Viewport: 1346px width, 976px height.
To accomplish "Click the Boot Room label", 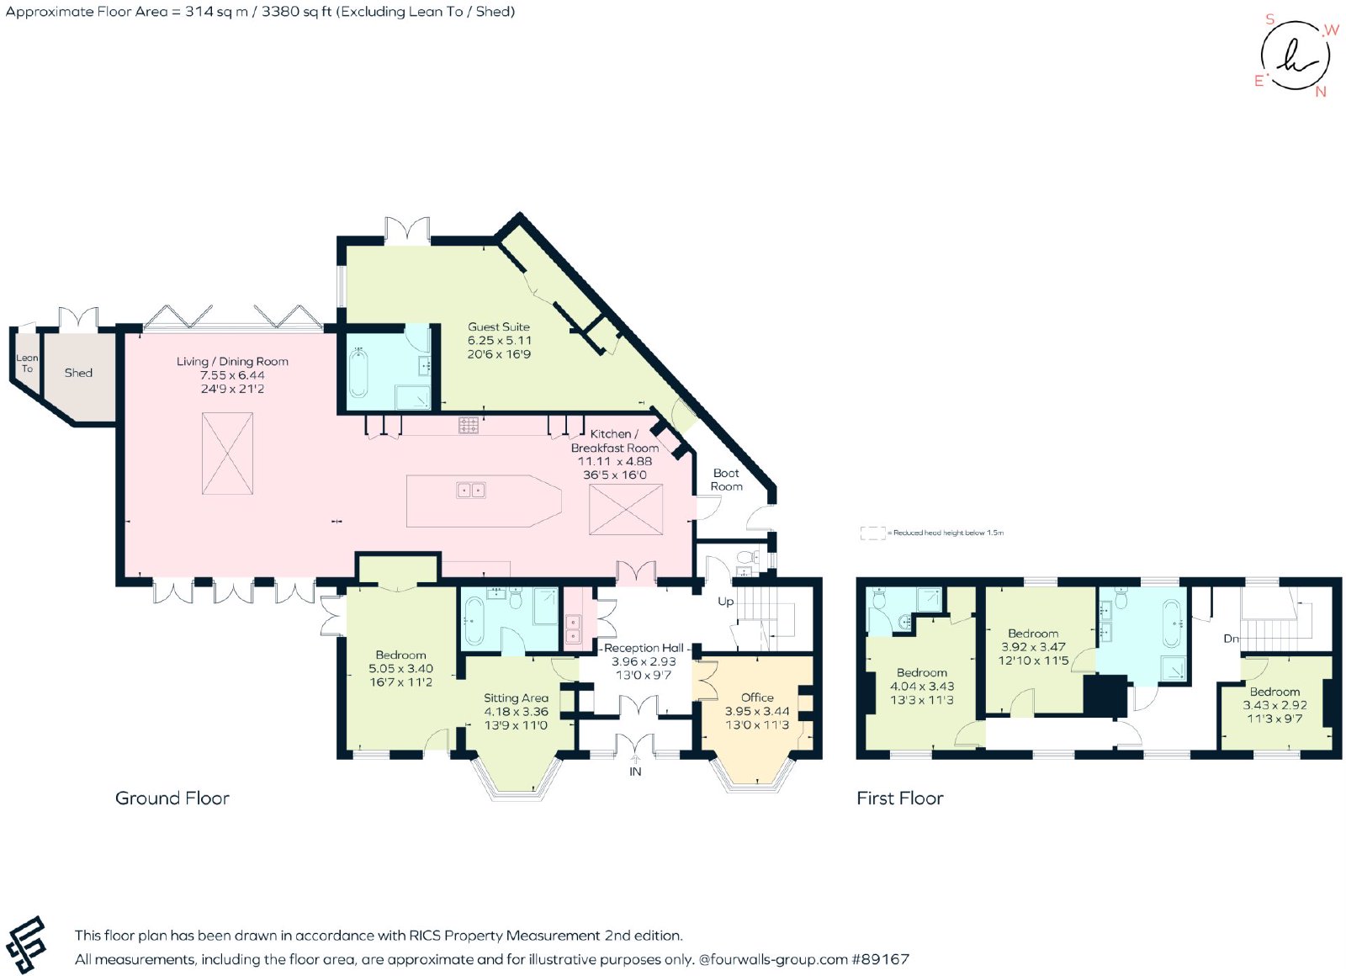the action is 727,480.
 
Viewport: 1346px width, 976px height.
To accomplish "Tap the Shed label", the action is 79,373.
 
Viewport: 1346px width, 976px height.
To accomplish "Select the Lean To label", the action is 27,363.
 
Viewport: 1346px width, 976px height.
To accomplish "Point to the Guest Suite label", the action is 499,327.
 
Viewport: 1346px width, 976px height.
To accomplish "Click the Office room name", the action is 757,698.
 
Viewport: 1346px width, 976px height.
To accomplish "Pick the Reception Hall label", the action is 644,648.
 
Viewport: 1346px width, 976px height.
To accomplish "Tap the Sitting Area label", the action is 517,698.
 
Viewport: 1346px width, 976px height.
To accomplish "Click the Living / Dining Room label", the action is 232,361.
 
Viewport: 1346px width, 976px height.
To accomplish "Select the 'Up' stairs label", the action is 726,602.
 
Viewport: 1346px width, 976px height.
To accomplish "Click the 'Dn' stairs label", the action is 1232,639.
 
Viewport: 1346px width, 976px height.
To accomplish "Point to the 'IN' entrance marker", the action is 635,772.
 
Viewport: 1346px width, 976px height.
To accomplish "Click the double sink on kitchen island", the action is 470,491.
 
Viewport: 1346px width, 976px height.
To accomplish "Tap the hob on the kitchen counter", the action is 469,426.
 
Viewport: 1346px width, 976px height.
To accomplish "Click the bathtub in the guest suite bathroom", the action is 358,372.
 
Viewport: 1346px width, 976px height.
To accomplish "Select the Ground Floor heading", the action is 172,798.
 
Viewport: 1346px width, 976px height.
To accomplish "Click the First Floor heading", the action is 900,798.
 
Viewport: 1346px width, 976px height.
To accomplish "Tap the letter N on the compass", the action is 1321,92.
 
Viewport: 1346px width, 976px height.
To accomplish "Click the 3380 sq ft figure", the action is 296,12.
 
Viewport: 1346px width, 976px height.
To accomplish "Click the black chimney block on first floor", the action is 1105,695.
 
